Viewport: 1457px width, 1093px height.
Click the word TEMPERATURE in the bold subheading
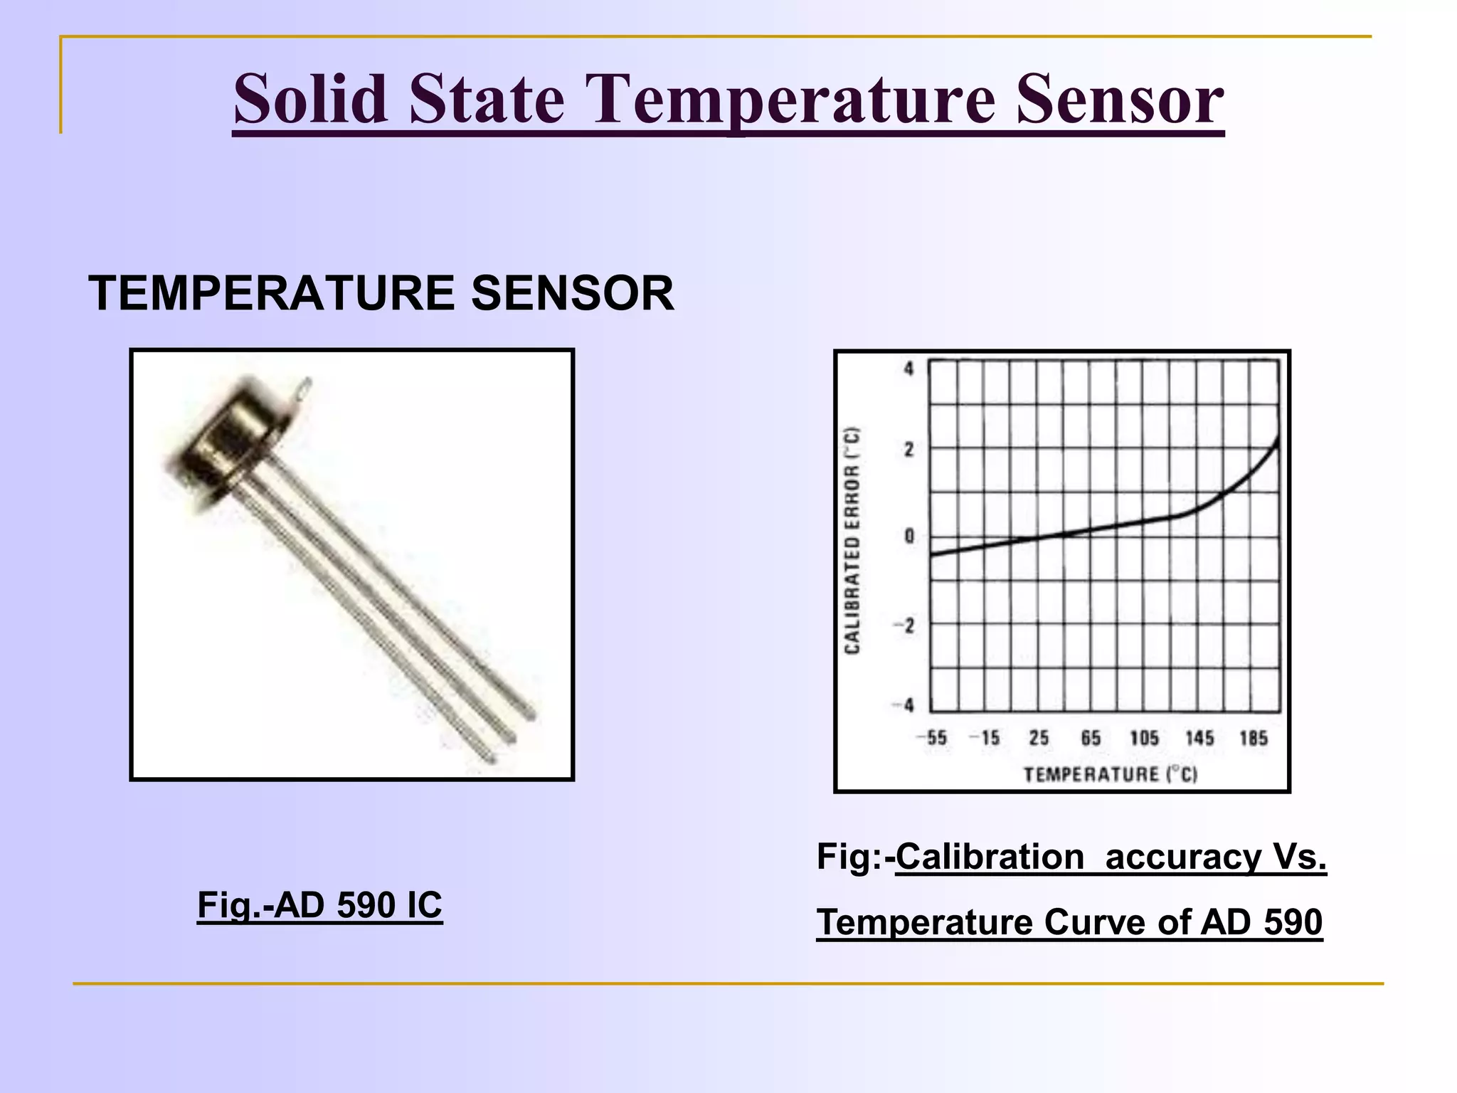[x=271, y=293]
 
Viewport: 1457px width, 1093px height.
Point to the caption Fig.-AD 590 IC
[x=319, y=905]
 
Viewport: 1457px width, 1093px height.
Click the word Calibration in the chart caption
[x=990, y=856]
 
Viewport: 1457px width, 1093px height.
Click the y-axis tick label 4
[x=908, y=369]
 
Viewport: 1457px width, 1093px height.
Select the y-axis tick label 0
[x=908, y=536]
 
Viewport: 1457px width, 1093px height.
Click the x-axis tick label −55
[x=932, y=738]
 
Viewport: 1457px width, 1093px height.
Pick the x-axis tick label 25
[x=1039, y=738]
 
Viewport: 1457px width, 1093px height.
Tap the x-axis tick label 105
[x=1144, y=738]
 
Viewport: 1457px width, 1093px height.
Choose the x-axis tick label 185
[x=1254, y=738]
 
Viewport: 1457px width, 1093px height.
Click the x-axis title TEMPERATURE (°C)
[x=1111, y=774]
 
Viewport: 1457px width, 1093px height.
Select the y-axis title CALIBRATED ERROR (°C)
[x=852, y=540]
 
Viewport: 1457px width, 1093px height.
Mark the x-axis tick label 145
[x=1199, y=738]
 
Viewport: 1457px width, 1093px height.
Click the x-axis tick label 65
[x=1091, y=738]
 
